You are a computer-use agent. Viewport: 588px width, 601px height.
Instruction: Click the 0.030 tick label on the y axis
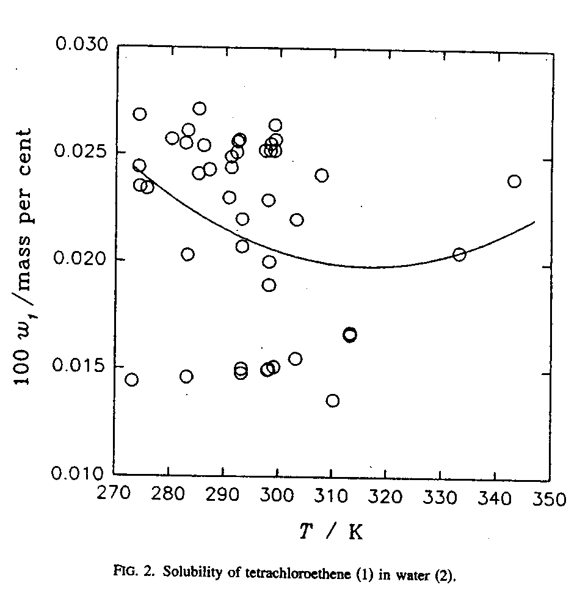click(81, 45)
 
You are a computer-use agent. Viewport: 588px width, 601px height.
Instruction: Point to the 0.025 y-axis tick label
click(81, 152)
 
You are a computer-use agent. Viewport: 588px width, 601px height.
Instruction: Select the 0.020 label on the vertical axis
click(81, 260)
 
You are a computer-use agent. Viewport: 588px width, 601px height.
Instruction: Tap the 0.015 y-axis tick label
click(81, 366)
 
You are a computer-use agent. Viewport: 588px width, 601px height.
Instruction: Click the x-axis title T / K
click(332, 532)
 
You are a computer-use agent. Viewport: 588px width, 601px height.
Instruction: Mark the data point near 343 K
click(514, 181)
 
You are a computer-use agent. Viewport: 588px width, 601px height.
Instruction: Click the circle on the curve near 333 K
click(459, 255)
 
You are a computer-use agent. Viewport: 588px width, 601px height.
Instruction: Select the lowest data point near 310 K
click(333, 401)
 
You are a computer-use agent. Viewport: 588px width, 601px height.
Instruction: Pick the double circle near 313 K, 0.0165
click(350, 335)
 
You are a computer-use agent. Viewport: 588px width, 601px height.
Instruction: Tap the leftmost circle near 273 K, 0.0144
click(131, 380)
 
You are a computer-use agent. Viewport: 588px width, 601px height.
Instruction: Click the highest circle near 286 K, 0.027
click(199, 109)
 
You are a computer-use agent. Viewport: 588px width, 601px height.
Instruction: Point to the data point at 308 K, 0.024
click(322, 176)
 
